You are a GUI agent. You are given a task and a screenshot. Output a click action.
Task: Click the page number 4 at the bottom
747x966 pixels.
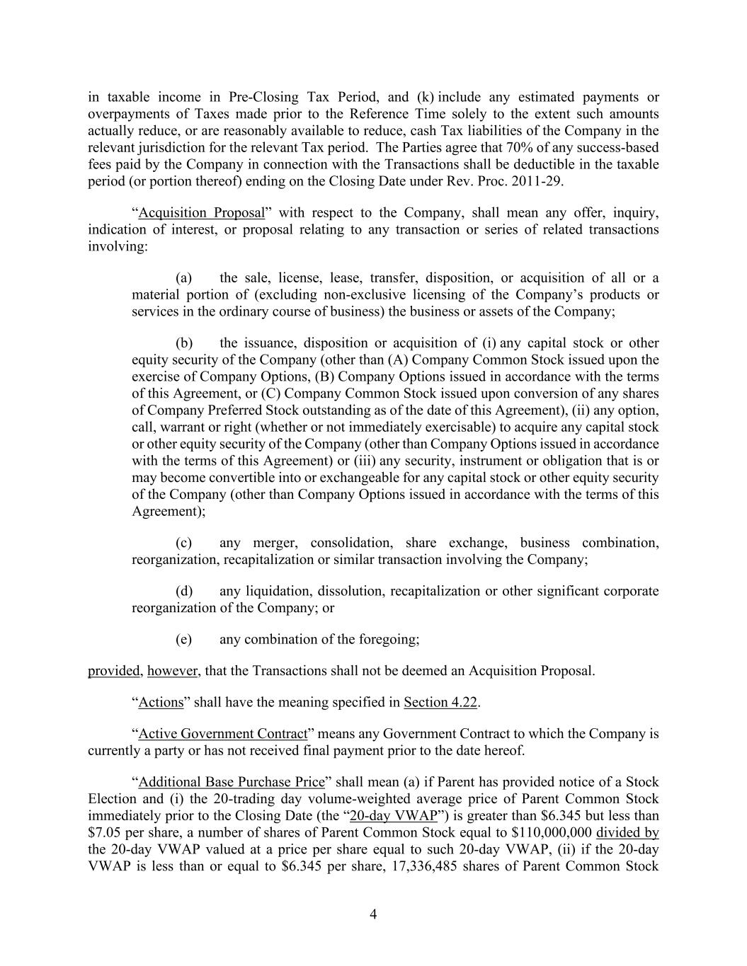click(373, 914)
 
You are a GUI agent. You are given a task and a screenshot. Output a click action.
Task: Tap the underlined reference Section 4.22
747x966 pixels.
click(440, 703)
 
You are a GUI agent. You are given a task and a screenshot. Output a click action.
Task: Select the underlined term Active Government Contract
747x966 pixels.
click(223, 734)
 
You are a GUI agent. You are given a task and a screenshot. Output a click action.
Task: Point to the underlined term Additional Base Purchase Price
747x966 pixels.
click(232, 782)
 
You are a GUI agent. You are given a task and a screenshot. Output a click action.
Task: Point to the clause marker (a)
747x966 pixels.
click(184, 278)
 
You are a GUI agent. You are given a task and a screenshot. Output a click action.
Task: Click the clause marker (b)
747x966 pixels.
click(184, 343)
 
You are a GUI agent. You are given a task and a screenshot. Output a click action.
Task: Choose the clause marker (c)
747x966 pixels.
click(184, 543)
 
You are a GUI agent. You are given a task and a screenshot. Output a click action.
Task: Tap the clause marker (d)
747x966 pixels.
click(184, 591)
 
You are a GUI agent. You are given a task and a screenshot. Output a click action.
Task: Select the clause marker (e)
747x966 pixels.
click(184, 639)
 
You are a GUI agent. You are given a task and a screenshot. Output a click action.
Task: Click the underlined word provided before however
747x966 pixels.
click(114, 670)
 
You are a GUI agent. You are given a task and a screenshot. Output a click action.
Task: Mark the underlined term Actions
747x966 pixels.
click(161, 703)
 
